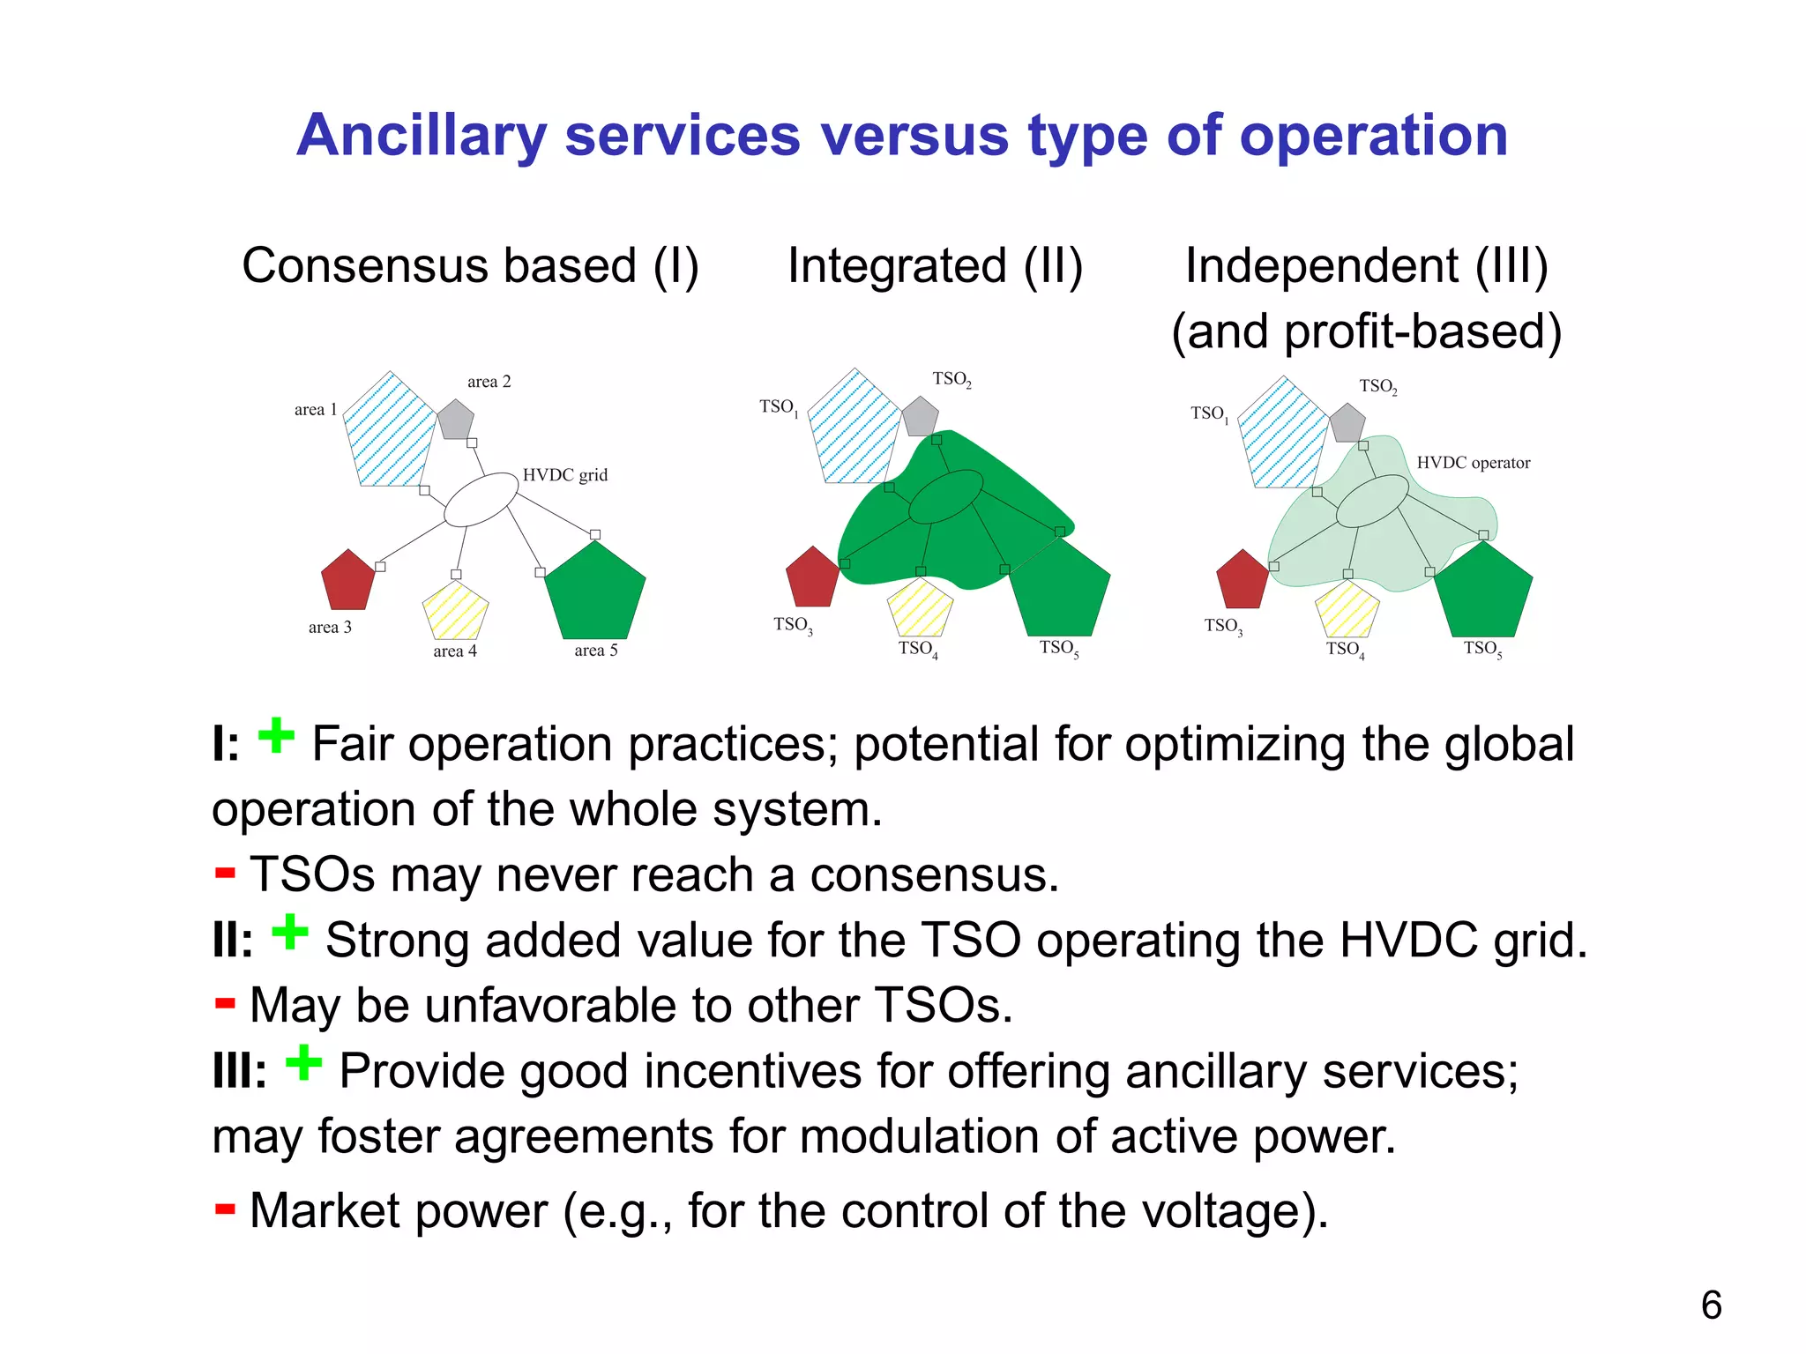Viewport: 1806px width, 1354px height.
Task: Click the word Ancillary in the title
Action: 422,138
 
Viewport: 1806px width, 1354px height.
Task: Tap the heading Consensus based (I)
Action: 470,266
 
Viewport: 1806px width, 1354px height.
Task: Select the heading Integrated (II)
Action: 935,266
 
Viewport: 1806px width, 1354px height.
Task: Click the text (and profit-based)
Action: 1366,332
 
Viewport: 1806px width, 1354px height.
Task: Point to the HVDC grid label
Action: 565,475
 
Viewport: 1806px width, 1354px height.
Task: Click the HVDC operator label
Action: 1473,463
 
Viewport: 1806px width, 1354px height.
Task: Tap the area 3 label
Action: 330,628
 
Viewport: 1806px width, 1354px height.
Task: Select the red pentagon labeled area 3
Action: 348,582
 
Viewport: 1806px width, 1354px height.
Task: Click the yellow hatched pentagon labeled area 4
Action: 455,611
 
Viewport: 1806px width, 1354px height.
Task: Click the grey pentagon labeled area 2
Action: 456,420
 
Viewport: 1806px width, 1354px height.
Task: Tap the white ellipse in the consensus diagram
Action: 481,500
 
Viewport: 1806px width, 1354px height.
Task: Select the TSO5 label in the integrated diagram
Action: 1058,649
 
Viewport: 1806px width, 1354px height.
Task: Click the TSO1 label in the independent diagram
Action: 1209,413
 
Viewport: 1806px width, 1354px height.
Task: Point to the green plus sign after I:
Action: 276,736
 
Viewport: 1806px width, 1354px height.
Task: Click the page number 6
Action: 1711,1306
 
